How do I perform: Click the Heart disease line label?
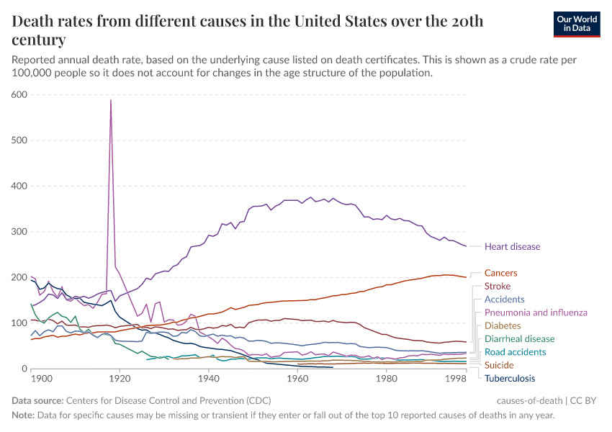click(x=512, y=247)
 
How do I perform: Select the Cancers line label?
click(x=500, y=274)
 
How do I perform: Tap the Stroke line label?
click(x=498, y=287)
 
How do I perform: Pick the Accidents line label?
click(x=504, y=300)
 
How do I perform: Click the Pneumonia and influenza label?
click(x=536, y=312)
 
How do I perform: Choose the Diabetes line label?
click(x=503, y=325)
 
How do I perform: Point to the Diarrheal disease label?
click(x=519, y=339)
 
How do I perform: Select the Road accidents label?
click(x=516, y=352)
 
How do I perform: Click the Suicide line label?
click(x=499, y=365)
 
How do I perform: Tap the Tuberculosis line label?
click(x=510, y=378)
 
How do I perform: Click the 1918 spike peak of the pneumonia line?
click(x=111, y=100)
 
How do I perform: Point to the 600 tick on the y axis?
click(x=19, y=94)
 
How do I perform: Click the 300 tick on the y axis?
click(x=19, y=232)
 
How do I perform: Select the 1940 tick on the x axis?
click(x=208, y=378)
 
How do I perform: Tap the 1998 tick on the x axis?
click(x=455, y=378)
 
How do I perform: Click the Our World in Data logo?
click(x=576, y=24)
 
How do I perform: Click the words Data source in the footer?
click(x=37, y=400)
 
